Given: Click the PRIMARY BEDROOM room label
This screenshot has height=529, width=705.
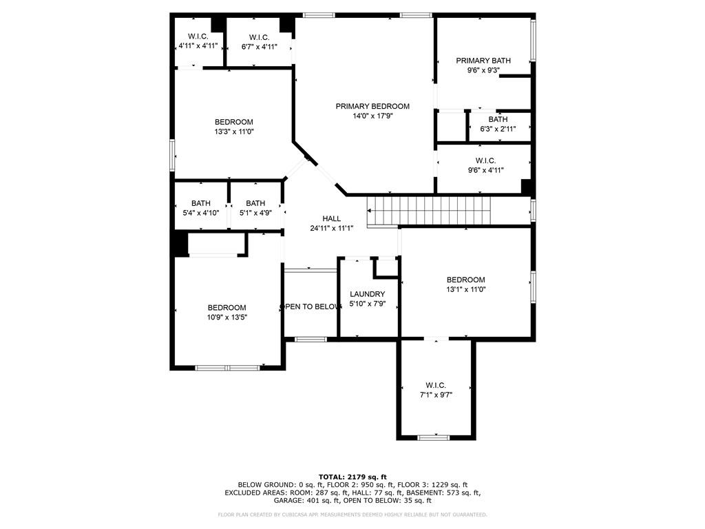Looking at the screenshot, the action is [x=372, y=106].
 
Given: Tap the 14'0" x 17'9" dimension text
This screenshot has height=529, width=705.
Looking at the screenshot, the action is [x=372, y=116].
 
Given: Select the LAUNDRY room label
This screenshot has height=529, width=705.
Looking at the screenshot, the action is [x=368, y=294].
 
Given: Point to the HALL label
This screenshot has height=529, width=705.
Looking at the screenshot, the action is [x=331, y=218].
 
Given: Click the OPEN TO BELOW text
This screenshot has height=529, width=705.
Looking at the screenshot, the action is [x=311, y=307].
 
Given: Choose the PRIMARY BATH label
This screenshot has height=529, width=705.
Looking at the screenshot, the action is [x=483, y=61].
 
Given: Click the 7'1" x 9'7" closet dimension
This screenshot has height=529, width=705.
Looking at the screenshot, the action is [x=436, y=395].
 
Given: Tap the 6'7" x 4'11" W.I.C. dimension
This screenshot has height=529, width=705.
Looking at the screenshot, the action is [x=259, y=46].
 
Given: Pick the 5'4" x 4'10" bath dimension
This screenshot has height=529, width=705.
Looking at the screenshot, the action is [x=200, y=213].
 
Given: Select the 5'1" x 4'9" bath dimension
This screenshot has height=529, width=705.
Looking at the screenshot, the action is [x=255, y=213].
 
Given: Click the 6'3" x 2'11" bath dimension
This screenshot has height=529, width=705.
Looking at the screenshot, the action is [x=498, y=129].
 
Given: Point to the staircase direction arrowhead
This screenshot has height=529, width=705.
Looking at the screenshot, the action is [x=370, y=211].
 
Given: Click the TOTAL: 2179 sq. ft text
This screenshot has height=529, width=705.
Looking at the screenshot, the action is [x=352, y=477].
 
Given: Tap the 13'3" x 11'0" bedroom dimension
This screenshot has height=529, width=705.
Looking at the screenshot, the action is [x=234, y=132].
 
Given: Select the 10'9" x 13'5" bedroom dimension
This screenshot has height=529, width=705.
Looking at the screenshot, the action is [x=227, y=317].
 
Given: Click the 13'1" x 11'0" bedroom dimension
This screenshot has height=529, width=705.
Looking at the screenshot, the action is [x=466, y=290].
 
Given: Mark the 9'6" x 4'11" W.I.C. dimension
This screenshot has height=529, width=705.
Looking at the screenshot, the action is [x=485, y=171].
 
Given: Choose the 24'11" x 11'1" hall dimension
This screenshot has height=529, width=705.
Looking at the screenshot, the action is [x=331, y=228].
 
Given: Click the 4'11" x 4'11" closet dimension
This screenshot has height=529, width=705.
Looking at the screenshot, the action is [x=198, y=45].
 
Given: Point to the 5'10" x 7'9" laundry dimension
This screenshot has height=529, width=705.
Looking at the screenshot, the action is [x=368, y=304].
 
